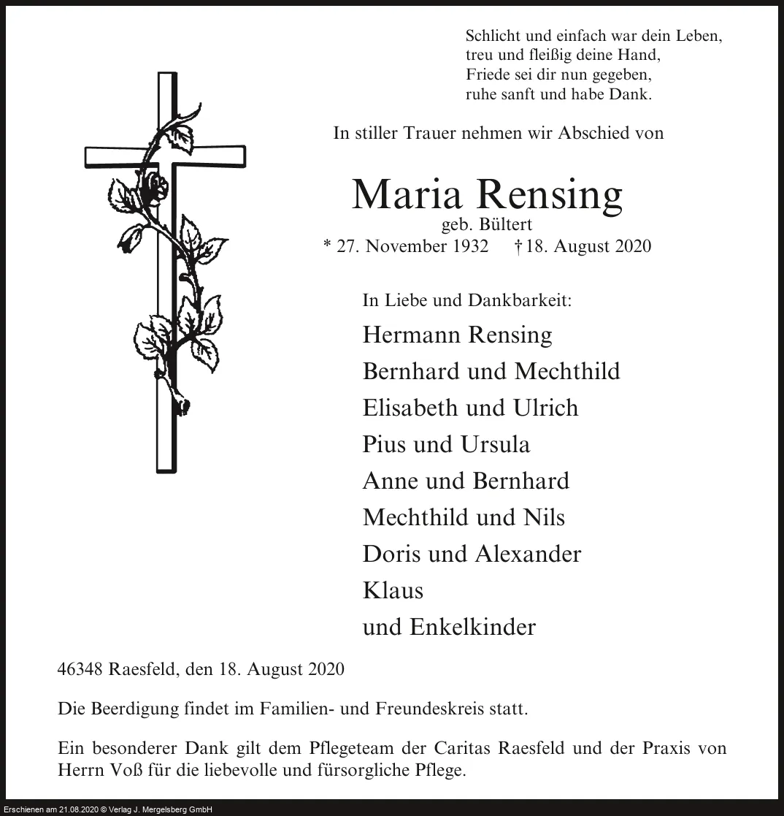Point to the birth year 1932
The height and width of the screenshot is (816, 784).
click(470, 246)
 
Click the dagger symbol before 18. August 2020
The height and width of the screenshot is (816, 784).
click(518, 246)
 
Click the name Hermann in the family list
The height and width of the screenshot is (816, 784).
click(411, 335)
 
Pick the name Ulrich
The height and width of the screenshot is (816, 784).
click(545, 408)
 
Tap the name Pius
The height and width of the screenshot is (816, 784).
click(385, 444)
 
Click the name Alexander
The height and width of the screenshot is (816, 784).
click(527, 554)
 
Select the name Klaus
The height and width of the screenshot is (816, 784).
click(393, 590)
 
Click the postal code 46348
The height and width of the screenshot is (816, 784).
click(80, 669)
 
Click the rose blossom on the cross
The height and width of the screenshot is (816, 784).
click(155, 188)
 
